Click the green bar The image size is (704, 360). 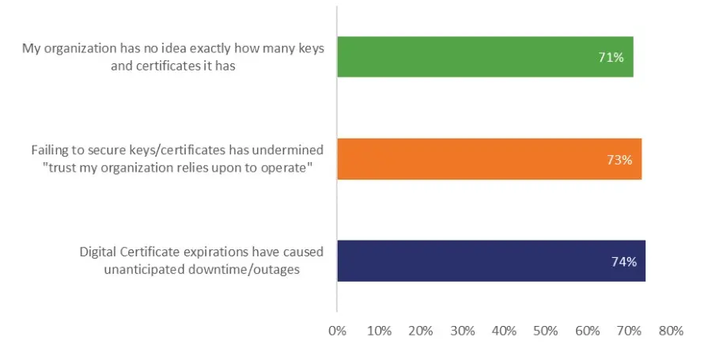click(x=485, y=56)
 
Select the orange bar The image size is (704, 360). click(x=489, y=159)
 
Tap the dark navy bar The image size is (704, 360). click(x=491, y=260)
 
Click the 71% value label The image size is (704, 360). click(x=611, y=57)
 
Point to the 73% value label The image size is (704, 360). click(x=619, y=160)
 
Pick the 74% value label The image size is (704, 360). click(x=623, y=261)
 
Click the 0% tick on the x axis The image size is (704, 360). click(x=338, y=332)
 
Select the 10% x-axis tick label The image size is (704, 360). click(x=379, y=332)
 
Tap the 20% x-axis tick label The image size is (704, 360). click(x=421, y=332)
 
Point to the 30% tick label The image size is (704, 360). click(x=463, y=332)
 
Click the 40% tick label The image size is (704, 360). click(x=504, y=332)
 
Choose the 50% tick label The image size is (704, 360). click(x=546, y=332)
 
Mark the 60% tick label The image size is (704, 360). click(x=588, y=332)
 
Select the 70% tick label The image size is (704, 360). click(x=629, y=332)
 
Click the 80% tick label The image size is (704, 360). click(x=670, y=332)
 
